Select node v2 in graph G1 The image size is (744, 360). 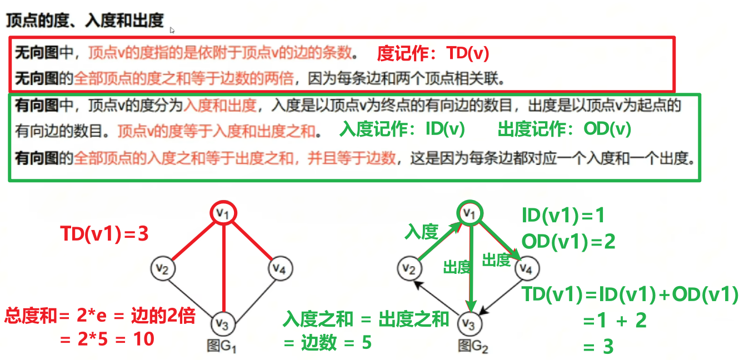(162, 269)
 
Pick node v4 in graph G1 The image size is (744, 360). (280, 269)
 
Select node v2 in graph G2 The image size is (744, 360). (408, 269)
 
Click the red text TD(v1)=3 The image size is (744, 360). (104, 234)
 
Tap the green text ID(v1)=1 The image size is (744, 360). (563, 215)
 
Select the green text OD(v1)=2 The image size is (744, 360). (568, 241)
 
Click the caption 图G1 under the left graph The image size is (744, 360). (222, 346)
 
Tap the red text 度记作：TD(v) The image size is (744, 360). (433, 53)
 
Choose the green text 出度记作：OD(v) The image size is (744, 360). (565, 129)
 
